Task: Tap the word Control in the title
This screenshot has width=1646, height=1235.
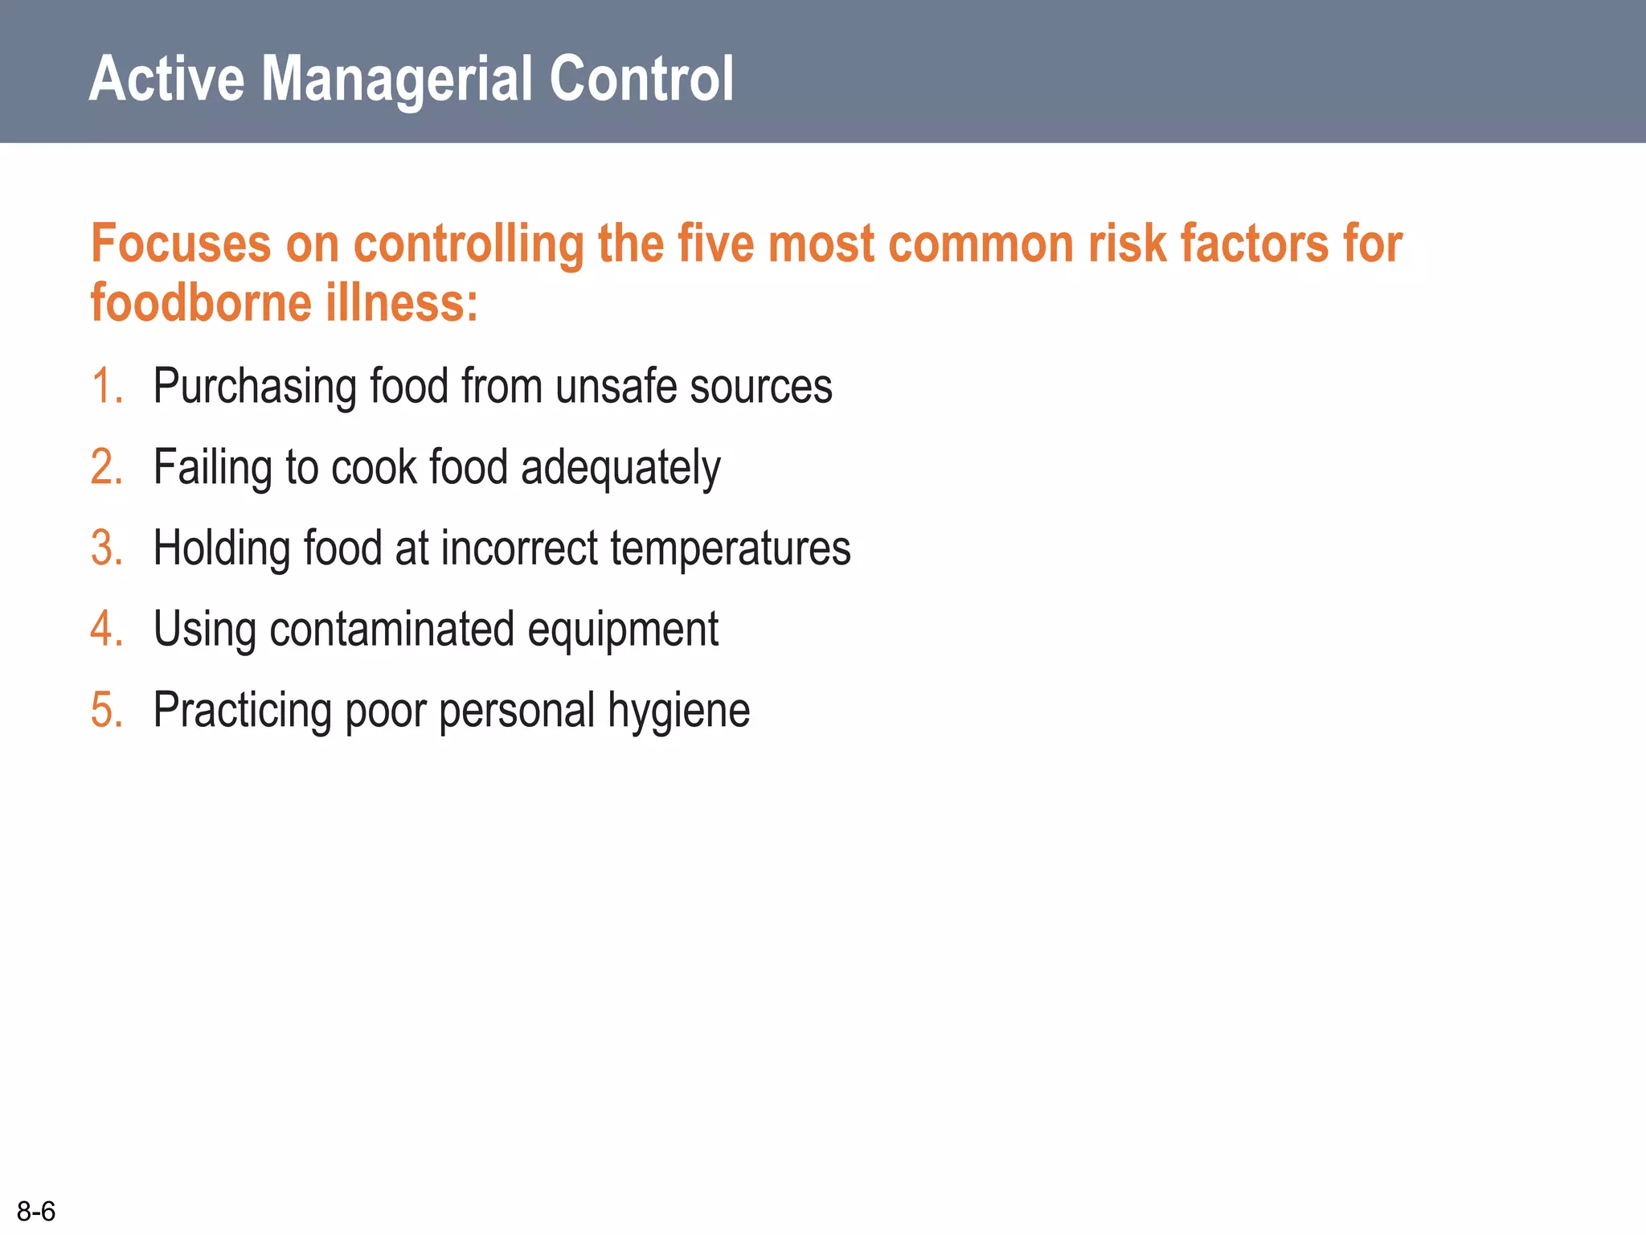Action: coord(641,79)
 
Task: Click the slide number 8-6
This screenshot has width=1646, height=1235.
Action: coord(36,1211)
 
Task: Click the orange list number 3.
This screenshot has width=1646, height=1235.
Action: coord(106,548)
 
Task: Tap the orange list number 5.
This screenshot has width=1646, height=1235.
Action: coord(106,710)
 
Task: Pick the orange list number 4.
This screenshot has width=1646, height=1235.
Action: coord(106,629)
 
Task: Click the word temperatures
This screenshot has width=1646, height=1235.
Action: coord(730,549)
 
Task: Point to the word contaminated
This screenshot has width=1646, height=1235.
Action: coord(391,629)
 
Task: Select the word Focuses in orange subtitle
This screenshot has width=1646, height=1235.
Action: coord(181,244)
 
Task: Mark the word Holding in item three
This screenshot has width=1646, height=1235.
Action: coord(222,549)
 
